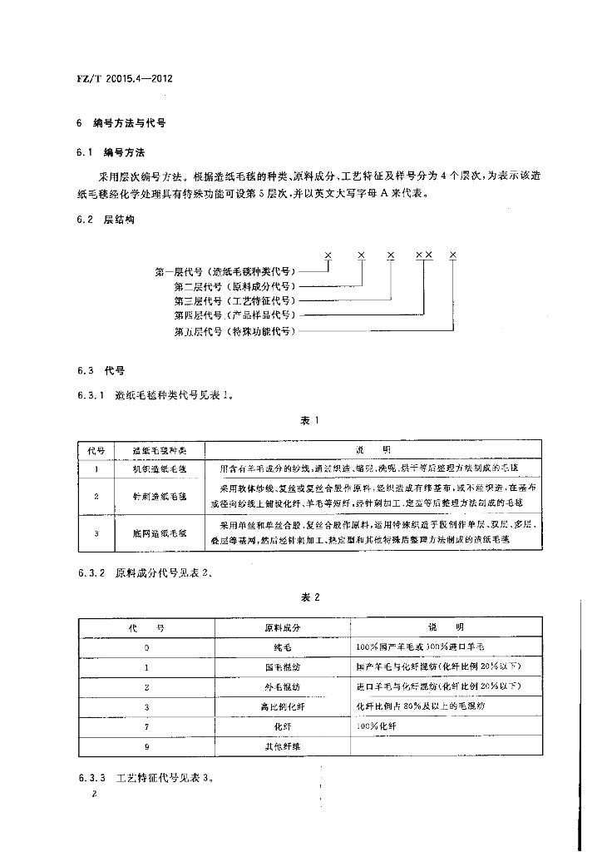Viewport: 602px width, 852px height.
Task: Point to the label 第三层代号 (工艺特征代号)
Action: coord(234,300)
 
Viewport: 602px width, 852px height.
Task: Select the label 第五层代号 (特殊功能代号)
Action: coord(234,330)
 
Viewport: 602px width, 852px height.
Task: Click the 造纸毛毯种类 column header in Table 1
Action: coord(158,449)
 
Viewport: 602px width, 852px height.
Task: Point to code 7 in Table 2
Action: coord(146,726)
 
